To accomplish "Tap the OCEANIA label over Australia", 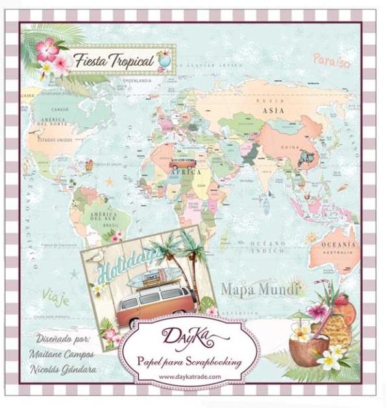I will (339, 244).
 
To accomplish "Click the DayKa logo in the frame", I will (189, 338).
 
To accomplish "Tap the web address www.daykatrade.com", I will (189, 376).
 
